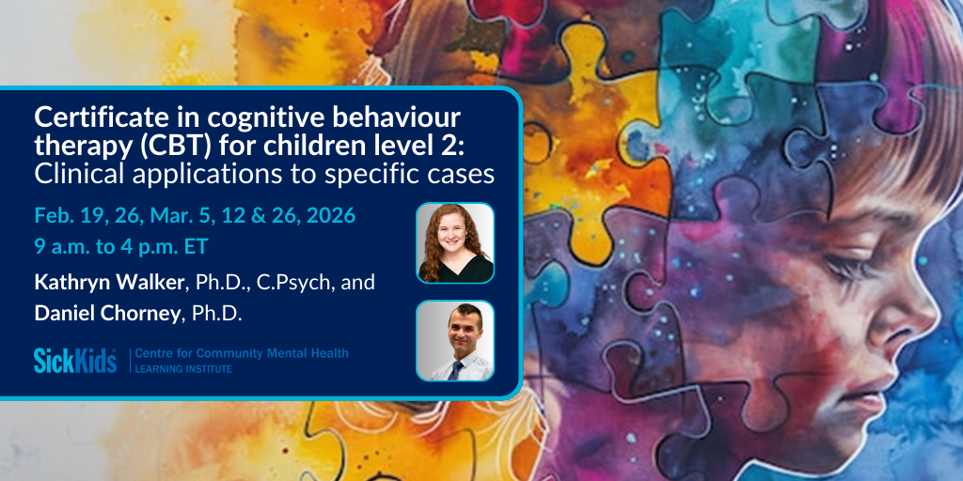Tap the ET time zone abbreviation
pos(197,247)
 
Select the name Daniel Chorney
pos(107,313)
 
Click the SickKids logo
pos(75,360)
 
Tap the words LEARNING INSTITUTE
pos(183,369)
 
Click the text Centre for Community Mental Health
pos(242,353)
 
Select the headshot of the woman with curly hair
pos(455,243)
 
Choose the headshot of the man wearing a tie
pos(455,340)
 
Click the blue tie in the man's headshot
pos(455,370)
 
